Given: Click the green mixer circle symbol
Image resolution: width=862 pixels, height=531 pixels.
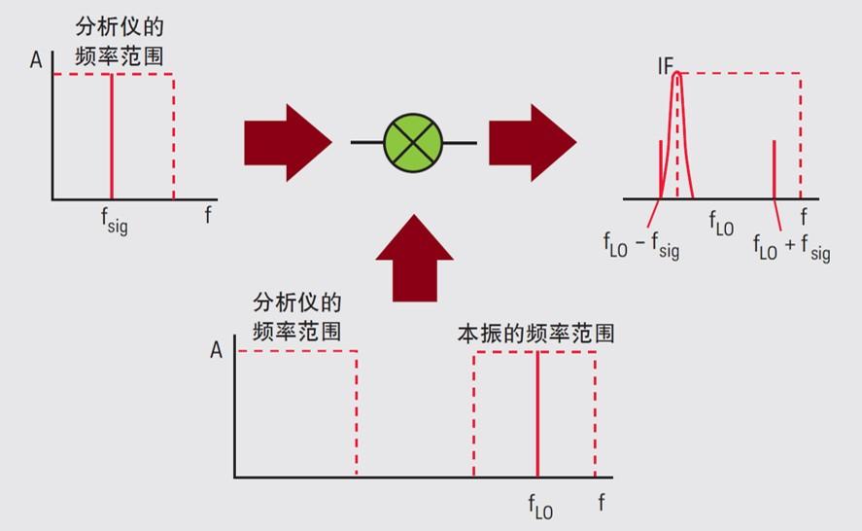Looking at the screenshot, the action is pos(413,143).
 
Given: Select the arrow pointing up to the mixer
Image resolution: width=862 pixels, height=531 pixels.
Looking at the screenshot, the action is pos(415,258).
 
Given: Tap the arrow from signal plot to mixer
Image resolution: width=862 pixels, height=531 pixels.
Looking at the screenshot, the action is pos(288,143).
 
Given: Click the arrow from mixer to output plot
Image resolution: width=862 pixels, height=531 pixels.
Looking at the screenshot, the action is pos(533,143).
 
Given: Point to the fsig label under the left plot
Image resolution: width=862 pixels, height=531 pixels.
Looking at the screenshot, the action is pos(115,220).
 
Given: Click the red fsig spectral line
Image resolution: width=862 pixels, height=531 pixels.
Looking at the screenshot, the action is pos(112,136).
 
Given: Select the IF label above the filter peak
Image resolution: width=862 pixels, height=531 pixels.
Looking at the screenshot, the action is pos(665,66).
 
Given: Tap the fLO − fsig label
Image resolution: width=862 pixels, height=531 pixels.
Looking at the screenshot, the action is pos(641,245).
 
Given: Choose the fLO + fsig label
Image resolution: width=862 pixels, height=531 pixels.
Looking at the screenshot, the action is pos(792,247).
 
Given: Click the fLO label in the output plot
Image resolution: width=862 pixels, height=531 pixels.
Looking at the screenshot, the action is pos(721,224).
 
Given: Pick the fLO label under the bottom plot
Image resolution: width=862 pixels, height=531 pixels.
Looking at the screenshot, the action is pos(540,507).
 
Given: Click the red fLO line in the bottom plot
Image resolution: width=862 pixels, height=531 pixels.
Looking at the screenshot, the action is pos(537,413).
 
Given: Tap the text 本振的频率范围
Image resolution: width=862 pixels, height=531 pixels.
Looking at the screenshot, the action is pos(536,334).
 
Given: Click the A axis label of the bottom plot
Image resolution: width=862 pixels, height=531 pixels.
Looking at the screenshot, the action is pos(216,350).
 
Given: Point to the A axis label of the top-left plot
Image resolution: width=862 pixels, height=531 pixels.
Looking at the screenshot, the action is pos(36,59).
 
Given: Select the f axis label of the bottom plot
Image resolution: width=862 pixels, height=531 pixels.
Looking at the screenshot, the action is pos(602,502).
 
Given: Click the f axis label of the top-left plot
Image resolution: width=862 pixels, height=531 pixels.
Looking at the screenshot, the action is pos(208,214).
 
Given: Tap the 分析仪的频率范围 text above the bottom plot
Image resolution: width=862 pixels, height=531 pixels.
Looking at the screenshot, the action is pos(296,317).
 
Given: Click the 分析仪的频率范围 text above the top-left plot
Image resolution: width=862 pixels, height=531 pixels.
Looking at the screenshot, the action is pos(120,41).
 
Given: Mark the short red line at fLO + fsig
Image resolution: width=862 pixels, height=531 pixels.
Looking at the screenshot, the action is pos(774,169).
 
